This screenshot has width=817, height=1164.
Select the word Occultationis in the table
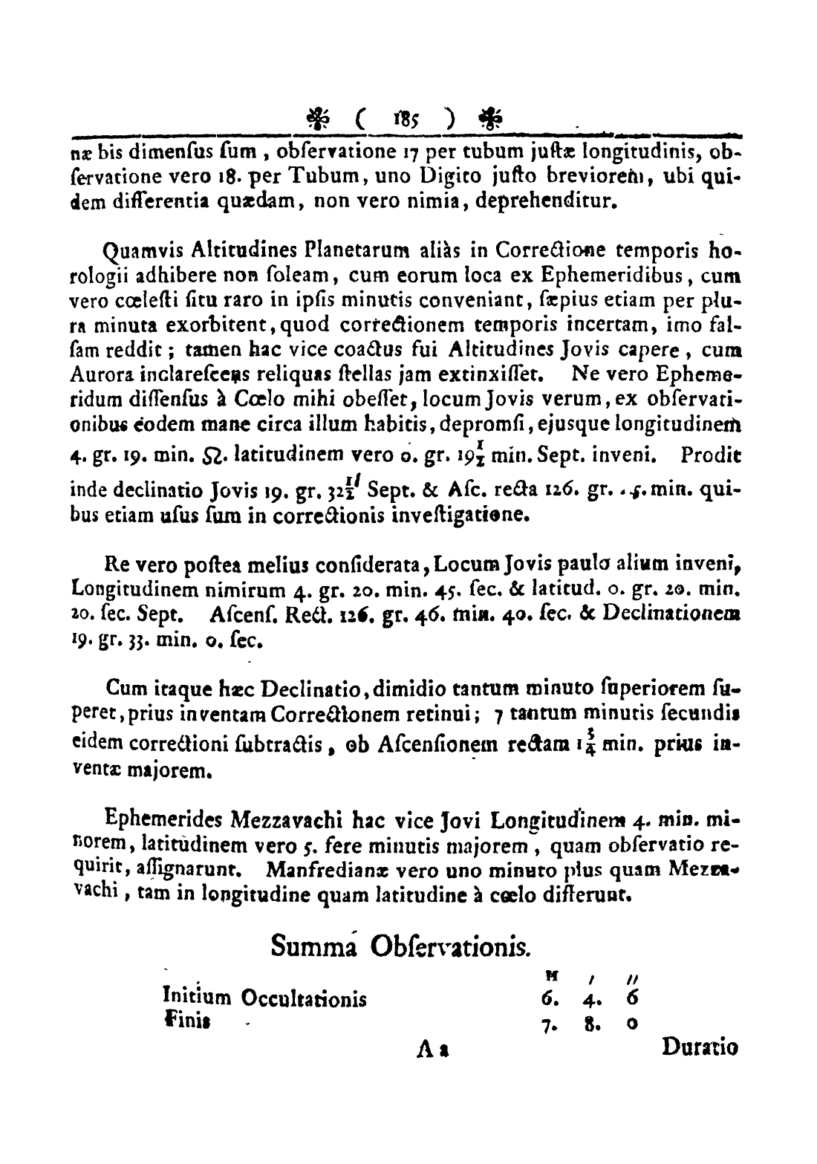pos(303,998)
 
